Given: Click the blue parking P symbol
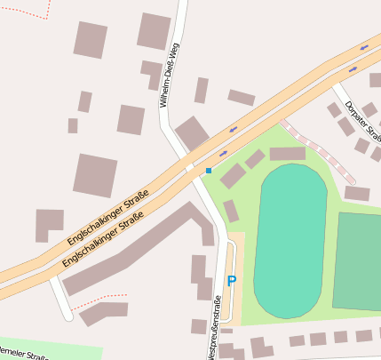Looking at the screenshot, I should click(232, 281).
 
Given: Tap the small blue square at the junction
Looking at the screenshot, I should click(209, 170).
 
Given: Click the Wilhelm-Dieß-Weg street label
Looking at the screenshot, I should click(169, 76).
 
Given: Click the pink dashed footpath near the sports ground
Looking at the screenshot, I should click(320, 150).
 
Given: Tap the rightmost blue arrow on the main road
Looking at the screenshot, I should click(364, 46).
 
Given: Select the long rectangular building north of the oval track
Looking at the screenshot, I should click(287, 154).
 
